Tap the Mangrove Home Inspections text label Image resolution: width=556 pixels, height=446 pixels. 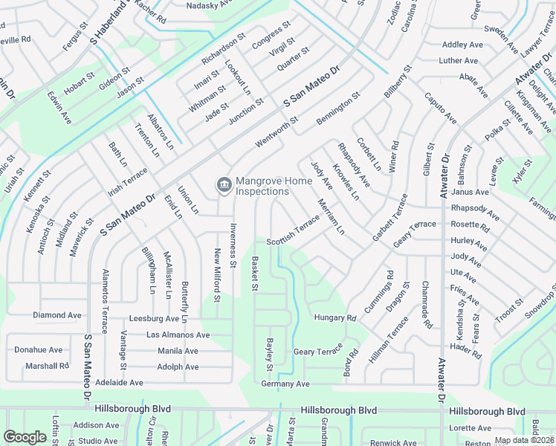262,186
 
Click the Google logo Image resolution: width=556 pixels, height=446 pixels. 25,436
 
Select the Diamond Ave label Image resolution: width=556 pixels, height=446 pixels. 57,315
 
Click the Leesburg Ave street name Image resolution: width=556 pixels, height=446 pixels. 155,318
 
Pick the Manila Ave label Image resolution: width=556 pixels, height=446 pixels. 178,351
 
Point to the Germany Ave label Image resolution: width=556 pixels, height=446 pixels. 285,384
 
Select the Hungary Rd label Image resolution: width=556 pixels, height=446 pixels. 335,317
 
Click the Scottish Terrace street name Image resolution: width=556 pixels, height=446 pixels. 293,230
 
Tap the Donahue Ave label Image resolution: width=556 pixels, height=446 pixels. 39,349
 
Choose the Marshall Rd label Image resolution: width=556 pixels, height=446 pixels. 47,366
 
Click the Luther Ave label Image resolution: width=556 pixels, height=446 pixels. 459,61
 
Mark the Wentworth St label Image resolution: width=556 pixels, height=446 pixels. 277,129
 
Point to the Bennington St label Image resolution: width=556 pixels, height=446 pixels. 337,109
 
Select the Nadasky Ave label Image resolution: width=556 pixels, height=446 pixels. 189,5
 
